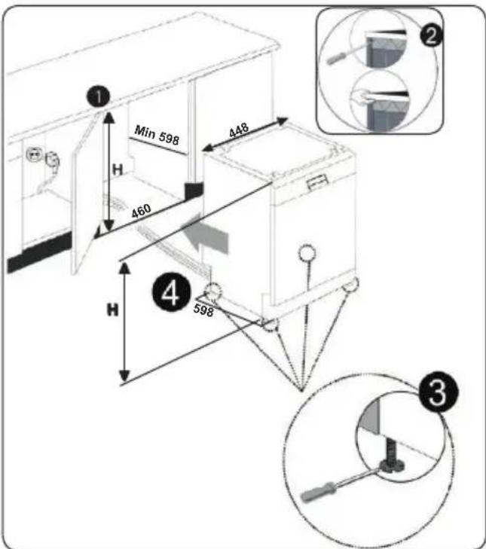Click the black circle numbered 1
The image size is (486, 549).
[99, 96]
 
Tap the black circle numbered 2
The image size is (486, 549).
[431, 35]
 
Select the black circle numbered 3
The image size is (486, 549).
[438, 392]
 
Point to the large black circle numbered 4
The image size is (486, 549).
[171, 292]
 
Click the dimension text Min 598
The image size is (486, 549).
[157, 135]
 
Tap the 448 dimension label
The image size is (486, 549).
[239, 130]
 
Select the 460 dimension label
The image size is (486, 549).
[141, 211]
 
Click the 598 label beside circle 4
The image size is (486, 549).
[203, 310]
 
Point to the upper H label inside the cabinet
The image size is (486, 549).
[118, 170]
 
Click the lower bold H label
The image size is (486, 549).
[112, 310]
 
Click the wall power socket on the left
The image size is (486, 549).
[33, 154]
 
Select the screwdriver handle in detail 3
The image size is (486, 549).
[318, 492]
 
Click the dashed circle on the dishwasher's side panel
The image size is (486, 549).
[307, 252]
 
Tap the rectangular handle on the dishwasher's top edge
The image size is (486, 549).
[317, 183]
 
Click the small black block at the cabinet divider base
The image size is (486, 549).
[194, 191]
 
